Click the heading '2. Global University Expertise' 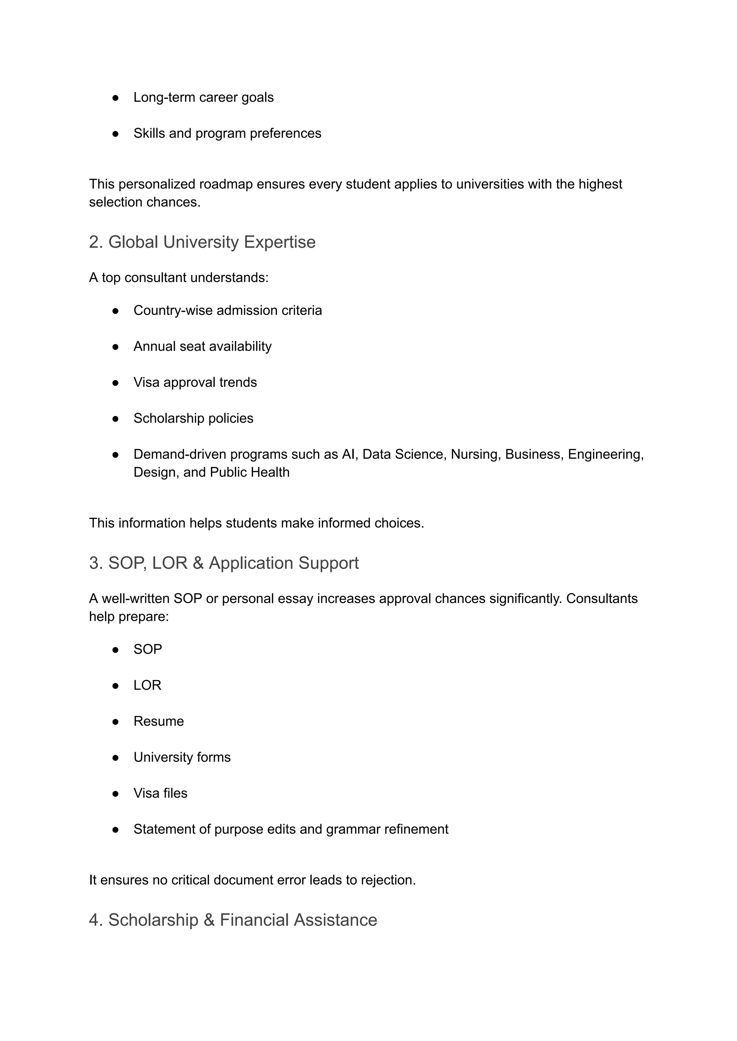[x=202, y=242]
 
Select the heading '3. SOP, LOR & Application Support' [x=224, y=563]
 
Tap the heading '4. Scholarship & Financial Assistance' [x=233, y=920]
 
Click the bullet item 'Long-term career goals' [x=203, y=97]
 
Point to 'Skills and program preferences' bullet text [x=227, y=133]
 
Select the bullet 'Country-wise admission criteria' [x=227, y=311]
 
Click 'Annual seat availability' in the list [x=202, y=346]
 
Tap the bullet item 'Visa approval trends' [x=195, y=382]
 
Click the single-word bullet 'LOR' [x=147, y=685]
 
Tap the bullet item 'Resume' [x=158, y=721]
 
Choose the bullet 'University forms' [x=182, y=757]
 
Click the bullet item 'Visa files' [x=160, y=793]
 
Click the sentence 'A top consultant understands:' [x=179, y=277]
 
